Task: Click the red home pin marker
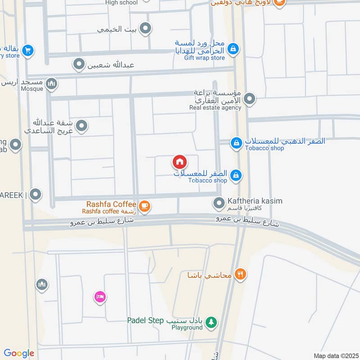click(x=179, y=162)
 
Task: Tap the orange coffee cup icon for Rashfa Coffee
click(x=144, y=206)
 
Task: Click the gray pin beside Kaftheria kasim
click(x=219, y=203)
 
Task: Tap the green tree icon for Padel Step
click(x=211, y=322)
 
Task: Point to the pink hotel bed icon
click(x=100, y=297)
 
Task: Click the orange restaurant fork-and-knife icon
click(x=240, y=274)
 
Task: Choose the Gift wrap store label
click(x=204, y=58)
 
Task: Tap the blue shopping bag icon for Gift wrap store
click(x=233, y=48)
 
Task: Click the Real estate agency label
click(x=215, y=108)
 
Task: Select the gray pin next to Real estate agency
click(x=250, y=98)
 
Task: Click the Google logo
click(x=19, y=353)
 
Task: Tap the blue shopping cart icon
click(x=28, y=50)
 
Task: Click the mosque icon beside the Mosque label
click(x=52, y=83)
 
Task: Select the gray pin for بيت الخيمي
click(x=145, y=29)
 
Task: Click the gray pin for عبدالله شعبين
click(x=79, y=64)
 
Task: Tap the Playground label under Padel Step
click(x=187, y=328)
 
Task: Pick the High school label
click(x=121, y=3)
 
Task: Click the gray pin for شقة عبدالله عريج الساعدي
click(x=81, y=126)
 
